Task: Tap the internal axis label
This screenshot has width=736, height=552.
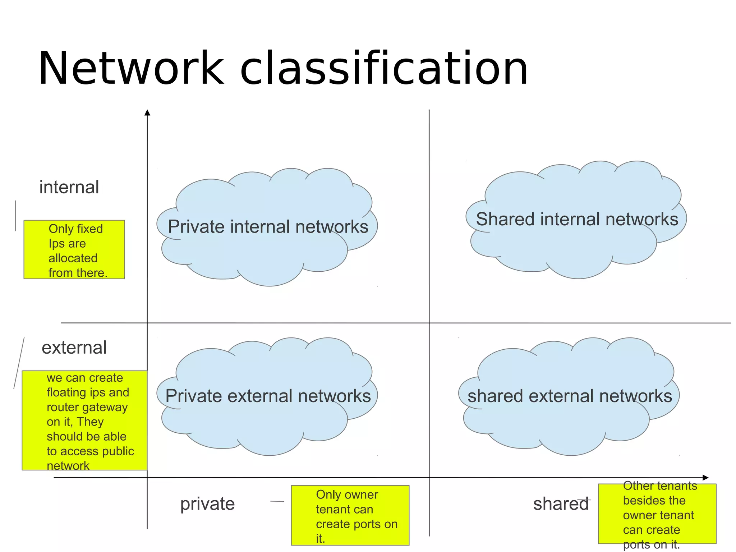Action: (69, 187)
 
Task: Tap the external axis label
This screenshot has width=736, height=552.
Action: (74, 348)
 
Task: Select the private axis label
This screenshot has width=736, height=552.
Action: (207, 503)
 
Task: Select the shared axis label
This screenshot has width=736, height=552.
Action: (561, 503)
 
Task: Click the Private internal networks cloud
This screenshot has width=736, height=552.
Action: (268, 227)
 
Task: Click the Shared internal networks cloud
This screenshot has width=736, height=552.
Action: (577, 219)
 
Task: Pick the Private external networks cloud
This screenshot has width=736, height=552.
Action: (268, 396)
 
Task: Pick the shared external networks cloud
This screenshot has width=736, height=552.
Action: (570, 396)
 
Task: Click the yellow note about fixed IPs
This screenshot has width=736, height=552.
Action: (74, 250)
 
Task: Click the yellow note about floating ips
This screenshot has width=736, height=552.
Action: (85, 420)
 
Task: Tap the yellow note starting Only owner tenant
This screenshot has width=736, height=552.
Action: (350, 515)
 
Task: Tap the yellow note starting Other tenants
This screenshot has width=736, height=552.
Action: (657, 514)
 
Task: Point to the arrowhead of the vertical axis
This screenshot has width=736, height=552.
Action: (147, 112)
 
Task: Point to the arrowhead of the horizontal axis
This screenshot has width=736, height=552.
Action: (705, 478)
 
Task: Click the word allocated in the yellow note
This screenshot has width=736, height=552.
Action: (73, 258)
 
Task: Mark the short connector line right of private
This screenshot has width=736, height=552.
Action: (277, 501)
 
